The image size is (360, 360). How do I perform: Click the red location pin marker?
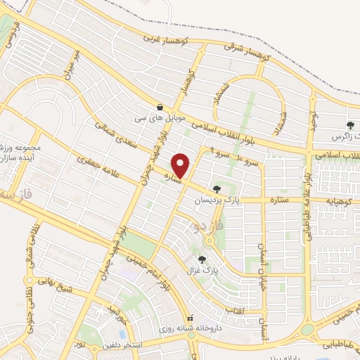click(x=181, y=165)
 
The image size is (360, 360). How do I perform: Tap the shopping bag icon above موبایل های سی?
click(x=161, y=108)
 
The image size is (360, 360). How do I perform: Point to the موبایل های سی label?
click(x=161, y=120)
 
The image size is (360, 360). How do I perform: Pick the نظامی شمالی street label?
click(x=30, y=250)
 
